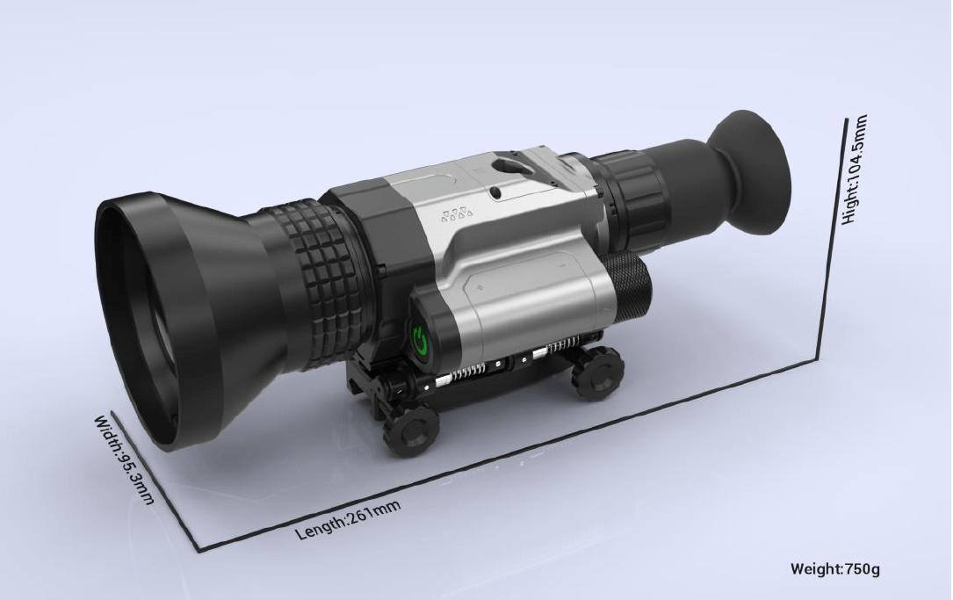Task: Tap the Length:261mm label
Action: tap(348, 519)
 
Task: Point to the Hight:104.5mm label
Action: tap(854, 170)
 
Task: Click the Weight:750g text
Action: tap(834, 568)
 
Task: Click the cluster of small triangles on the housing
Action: tap(454, 215)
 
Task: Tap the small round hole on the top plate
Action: tap(495, 191)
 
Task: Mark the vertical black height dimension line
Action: tap(834, 237)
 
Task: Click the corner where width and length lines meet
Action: tap(201, 551)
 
